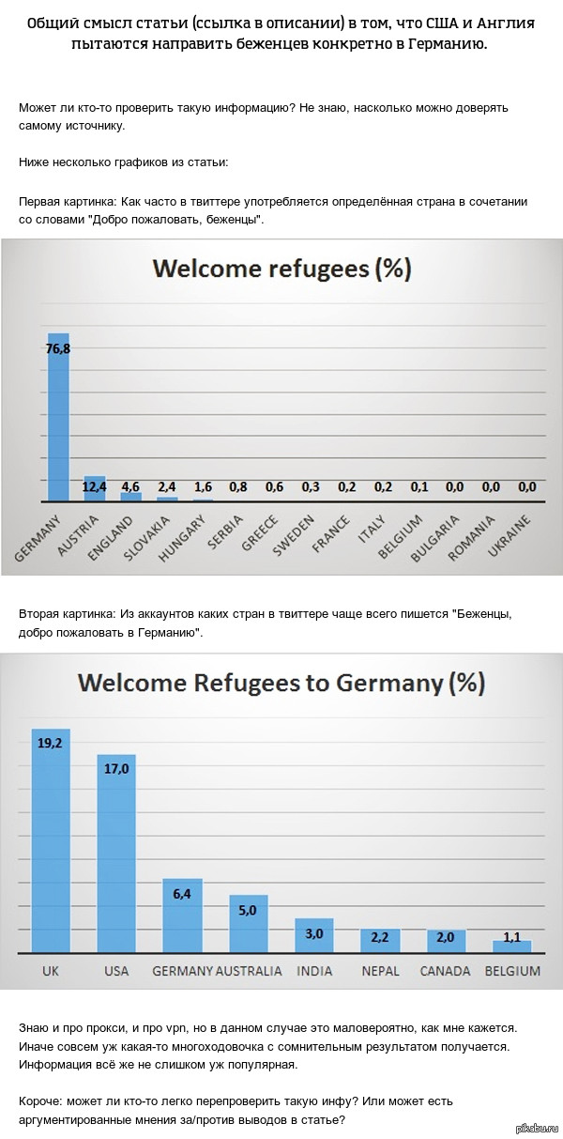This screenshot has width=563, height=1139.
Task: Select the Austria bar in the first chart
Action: click(x=95, y=489)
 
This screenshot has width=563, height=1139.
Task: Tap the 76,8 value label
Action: click(x=59, y=348)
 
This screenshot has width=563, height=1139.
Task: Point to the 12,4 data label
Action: click(x=95, y=486)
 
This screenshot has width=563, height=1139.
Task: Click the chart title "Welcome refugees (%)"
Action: click(x=281, y=269)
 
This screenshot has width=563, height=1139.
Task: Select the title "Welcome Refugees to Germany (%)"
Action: click(x=281, y=682)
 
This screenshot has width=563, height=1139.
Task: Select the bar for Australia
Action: click(x=249, y=924)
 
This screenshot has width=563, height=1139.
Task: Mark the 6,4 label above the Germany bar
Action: click(x=182, y=893)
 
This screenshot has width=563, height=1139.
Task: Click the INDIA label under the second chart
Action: click(x=314, y=971)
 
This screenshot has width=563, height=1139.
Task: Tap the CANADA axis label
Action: click(x=446, y=971)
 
